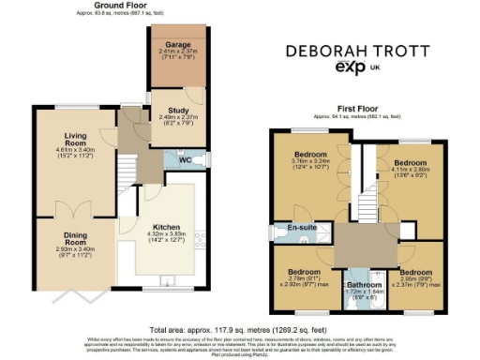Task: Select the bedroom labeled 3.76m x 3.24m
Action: tap(310, 154)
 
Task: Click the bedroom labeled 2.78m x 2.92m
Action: tap(302, 274)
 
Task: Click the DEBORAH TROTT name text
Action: tap(356, 50)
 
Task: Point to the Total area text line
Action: tap(240, 329)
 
